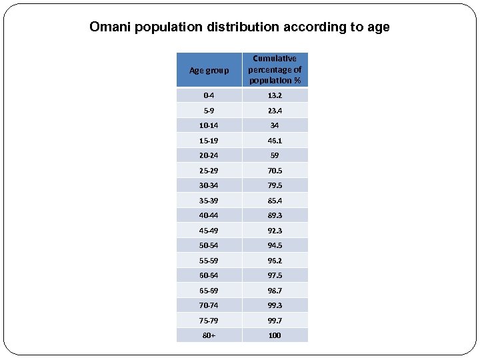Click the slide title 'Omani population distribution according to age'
point(239,27)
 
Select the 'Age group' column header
point(209,70)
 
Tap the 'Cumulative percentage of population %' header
point(275,70)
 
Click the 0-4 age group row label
point(209,95)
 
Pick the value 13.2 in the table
point(275,95)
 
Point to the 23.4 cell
point(275,111)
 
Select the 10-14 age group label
point(209,125)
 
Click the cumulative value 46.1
point(275,141)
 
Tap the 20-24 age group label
point(209,155)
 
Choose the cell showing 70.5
point(275,171)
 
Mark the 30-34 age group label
point(209,185)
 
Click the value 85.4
point(275,201)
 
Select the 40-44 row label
point(209,215)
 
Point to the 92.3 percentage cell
point(275,231)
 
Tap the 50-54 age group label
point(209,245)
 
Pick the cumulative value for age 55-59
point(275,261)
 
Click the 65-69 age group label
point(209,291)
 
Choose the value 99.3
point(275,305)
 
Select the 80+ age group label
point(209,335)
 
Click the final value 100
point(275,335)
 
